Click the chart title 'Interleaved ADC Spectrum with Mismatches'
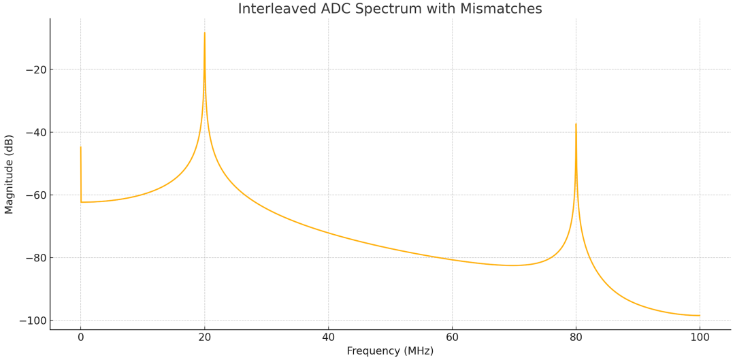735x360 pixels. point(389,9)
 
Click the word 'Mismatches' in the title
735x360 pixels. point(506,9)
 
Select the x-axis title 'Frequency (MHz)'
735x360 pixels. point(390,351)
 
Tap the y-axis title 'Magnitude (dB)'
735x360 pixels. point(9,174)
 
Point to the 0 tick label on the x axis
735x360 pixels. point(80,337)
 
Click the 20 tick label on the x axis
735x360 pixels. point(204,337)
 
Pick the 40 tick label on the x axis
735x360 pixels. point(328,337)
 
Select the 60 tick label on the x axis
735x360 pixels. point(452,337)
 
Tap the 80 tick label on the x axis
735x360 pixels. point(576,337)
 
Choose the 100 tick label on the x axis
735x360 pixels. point(700,337)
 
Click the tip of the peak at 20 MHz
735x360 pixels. point(204,33)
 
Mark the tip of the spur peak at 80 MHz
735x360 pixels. point(576,124)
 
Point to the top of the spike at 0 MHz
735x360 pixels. point(80,147)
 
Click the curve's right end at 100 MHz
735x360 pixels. point(700,316)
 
